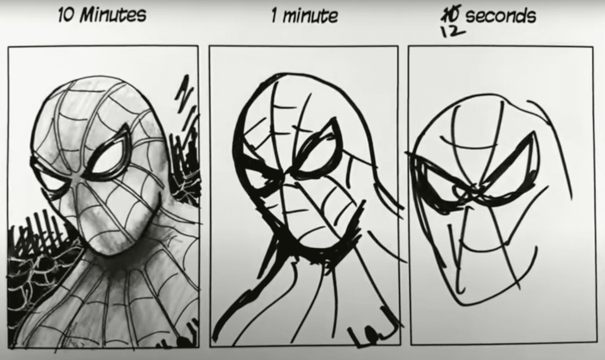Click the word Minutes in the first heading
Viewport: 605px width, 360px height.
(113, 15)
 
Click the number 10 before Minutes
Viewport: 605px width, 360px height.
(66, 16)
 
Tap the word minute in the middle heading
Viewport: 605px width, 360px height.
(310, 16)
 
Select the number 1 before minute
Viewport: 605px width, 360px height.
(274, 16)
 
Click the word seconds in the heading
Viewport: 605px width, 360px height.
(501, 16)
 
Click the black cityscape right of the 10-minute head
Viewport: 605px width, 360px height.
(185, 151)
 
